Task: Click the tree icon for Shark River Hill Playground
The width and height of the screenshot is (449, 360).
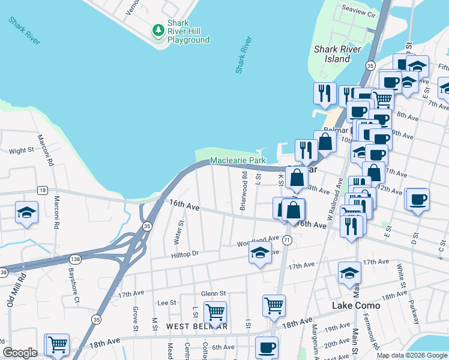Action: tap(158, 30)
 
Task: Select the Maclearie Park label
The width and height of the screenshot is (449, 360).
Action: tap(238, 161)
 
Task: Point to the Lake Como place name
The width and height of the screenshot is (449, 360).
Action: tap(357, 305)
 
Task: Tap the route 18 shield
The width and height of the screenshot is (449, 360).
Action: tap(42, 190)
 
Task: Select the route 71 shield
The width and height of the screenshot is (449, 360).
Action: tap(288, 240)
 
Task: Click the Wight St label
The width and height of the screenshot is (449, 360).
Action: tap(21, 151)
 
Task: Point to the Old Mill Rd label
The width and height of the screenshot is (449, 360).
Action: tap(16, 290)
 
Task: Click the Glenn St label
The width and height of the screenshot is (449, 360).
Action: tap(213, 293)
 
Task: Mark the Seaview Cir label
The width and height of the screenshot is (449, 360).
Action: tap(358, 12)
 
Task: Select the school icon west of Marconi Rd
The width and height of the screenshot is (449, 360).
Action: tap(27, 212)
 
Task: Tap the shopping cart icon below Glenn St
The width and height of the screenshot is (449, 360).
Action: tap(215, 312)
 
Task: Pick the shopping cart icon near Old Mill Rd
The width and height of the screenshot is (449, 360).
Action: tap(57, 344)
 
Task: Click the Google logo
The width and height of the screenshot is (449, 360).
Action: tap(20, 353)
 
